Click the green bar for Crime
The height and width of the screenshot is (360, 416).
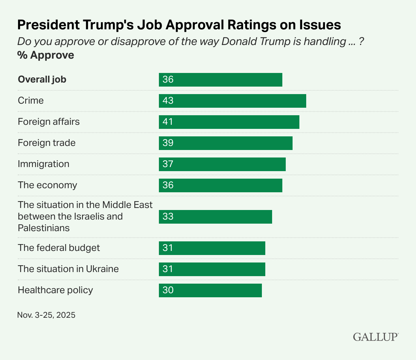coord(232,101)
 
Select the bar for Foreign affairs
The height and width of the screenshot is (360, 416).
coord(229,122)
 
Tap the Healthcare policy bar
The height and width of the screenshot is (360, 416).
coord(210,290)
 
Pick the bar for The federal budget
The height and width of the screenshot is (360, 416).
coord(212,248)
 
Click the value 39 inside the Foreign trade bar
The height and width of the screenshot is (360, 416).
coord(168,143)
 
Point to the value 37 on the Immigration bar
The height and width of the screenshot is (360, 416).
coord(168,164)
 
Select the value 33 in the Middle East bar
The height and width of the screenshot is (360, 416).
coord(168,216)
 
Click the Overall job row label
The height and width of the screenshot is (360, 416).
coord(42,79)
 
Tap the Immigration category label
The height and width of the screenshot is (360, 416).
coord(43,164)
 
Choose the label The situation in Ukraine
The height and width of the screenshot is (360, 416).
coord(68,269)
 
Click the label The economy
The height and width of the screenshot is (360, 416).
coord(47,185)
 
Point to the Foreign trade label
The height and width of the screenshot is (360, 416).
coord(47,143)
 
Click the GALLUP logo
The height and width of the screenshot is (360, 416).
coord(375,337)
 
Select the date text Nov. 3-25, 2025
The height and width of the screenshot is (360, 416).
coord(46,315)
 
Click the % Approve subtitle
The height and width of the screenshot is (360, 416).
coord(46,55)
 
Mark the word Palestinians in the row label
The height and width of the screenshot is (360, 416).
coord(44,228)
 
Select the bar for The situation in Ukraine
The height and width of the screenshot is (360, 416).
coord(212,269)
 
